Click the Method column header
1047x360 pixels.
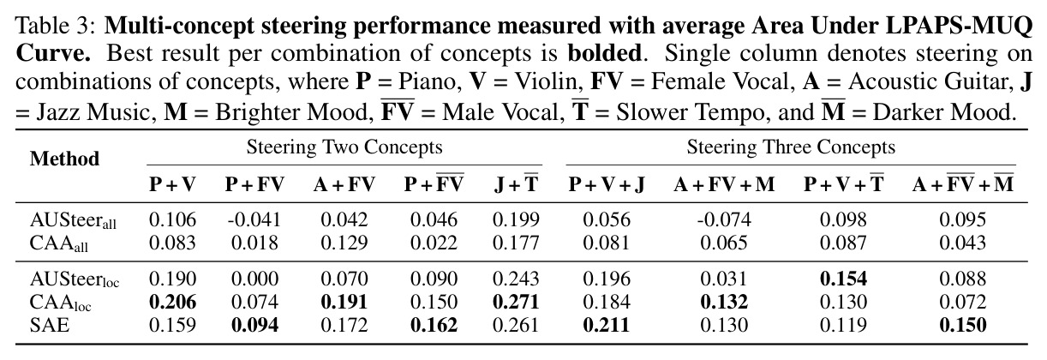(64, 159)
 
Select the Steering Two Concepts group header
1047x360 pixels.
(344, 147)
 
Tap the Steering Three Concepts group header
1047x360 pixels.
(791, 147)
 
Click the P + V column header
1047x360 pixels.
(172, 184)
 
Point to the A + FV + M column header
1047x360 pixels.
(724, 184)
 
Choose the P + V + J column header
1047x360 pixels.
(607, 184)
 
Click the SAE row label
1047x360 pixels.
(50, 325)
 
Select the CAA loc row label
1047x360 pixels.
(60, 303)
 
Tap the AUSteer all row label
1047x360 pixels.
(73, 220)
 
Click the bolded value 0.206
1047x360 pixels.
(172, 302)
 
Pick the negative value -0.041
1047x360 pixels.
(254, 219)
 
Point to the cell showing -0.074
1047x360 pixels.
(724, 219)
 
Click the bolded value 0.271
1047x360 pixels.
(516, 302)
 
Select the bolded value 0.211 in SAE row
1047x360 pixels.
(607, 325)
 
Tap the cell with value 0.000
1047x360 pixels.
(254, 279)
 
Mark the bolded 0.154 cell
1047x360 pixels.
(844, 279)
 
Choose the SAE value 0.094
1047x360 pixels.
(254, 325)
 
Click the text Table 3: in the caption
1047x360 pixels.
(56, 26)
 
